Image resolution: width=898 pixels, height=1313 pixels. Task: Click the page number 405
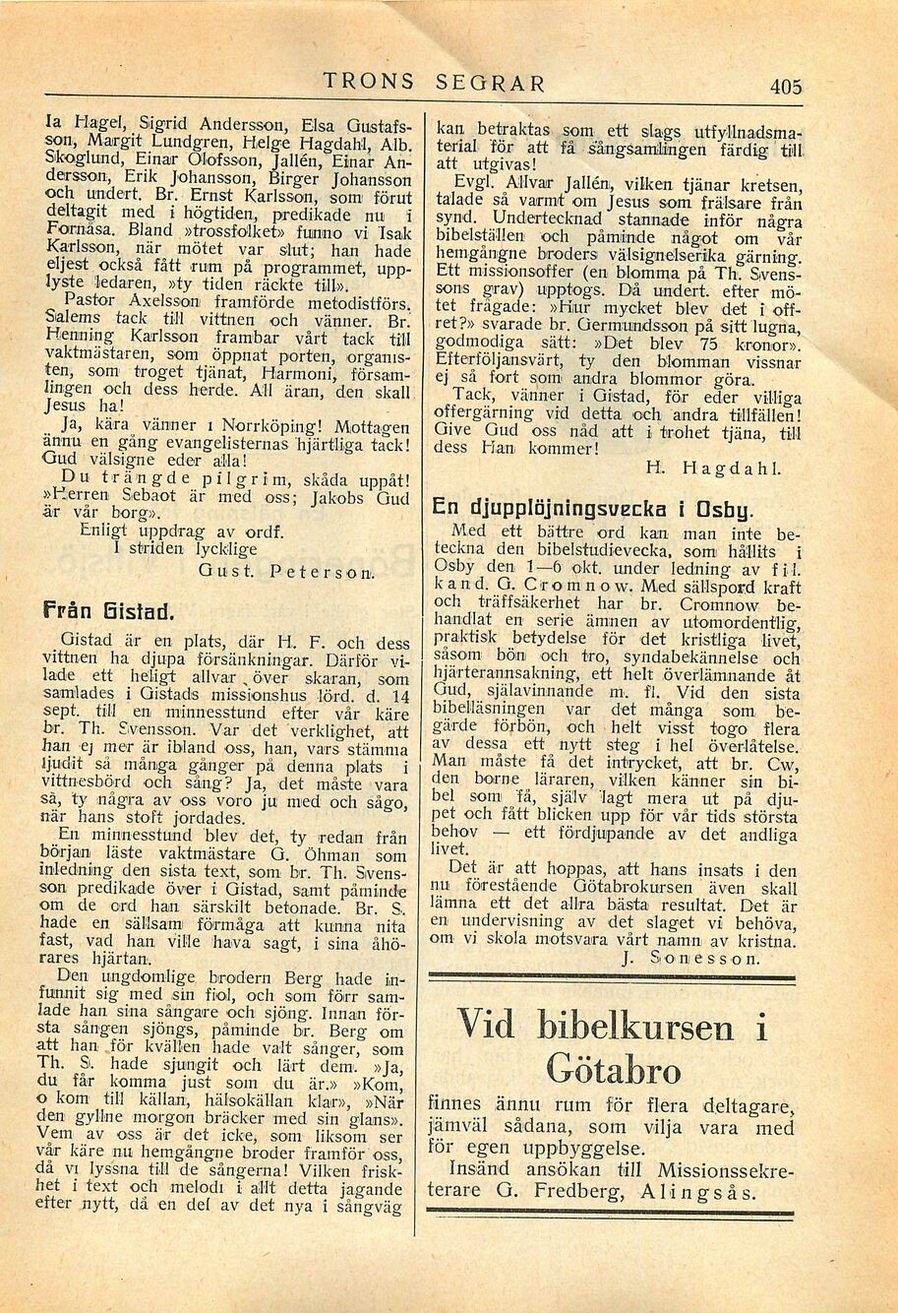tap(786, 87)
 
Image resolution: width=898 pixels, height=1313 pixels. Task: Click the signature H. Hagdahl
tap(711, 469)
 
